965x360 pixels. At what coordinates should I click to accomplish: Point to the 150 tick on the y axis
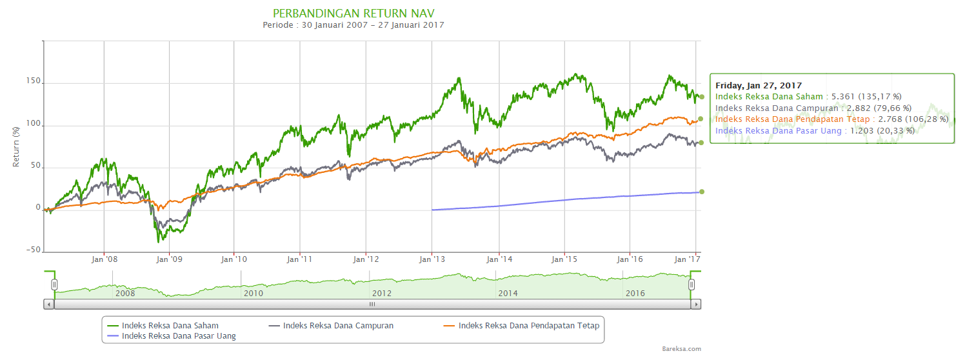33,82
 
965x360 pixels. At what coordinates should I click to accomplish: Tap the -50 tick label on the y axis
32,250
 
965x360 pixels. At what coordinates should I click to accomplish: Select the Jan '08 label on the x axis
104,260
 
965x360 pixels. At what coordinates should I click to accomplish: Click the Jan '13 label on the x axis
432,260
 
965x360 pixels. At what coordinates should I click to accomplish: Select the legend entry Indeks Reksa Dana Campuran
338,326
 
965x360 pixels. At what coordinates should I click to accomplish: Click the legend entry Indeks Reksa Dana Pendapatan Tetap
528,326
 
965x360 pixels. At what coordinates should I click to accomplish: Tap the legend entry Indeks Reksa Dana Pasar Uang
179,336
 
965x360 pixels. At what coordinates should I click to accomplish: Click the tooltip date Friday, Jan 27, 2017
759,85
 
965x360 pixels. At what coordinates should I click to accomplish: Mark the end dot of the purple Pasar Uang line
702,191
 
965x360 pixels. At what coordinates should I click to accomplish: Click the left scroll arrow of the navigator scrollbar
49,304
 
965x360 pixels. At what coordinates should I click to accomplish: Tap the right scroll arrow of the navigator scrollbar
696,304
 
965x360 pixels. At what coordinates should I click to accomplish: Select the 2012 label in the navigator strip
382,293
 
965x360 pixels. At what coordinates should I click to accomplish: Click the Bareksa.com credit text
681,349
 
